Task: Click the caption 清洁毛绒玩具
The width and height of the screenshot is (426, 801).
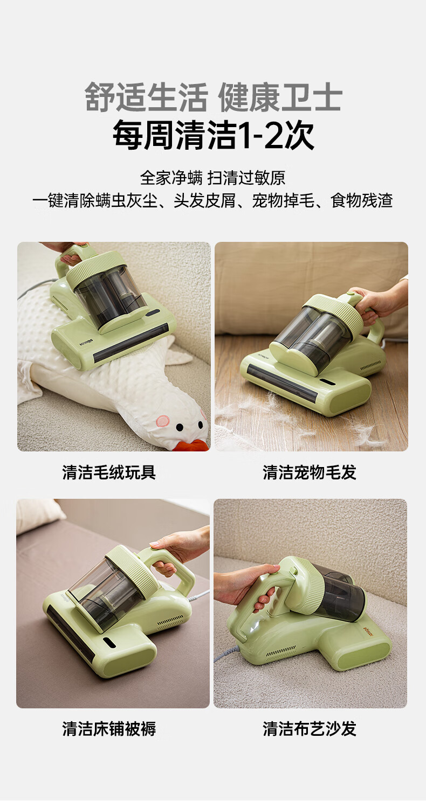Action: pos(109,472)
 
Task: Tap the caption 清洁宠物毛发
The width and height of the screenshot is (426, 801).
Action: pos(310,472)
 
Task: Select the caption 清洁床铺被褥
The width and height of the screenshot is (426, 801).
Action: pos(109,728)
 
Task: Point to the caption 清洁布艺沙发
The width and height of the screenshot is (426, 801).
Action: pos(310,728)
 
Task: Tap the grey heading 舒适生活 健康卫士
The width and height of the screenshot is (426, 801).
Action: pos(214,97)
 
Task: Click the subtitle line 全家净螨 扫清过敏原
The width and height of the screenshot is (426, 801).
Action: pos(212,178)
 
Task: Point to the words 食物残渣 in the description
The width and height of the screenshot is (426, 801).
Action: pos(362,200)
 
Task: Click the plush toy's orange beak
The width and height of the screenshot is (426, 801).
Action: pos(194,445)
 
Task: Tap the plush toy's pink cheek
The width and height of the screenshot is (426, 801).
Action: pos(163,421)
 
